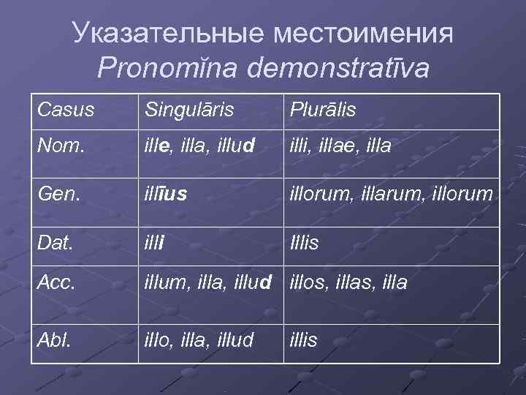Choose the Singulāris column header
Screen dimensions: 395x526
(x=189, y=110)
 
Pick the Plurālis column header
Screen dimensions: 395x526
(x=322, y=110)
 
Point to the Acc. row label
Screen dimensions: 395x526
(x=56, y=282)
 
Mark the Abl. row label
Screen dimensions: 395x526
(x=54, y=339)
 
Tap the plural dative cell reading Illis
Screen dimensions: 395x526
(x=305, y=242)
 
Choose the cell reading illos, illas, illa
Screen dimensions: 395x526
(x=349, y=282)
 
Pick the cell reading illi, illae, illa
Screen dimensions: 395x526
(x=340, y=146)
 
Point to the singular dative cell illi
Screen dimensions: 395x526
(x=154, y=242)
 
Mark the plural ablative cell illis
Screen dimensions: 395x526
(x=304, y=339)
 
